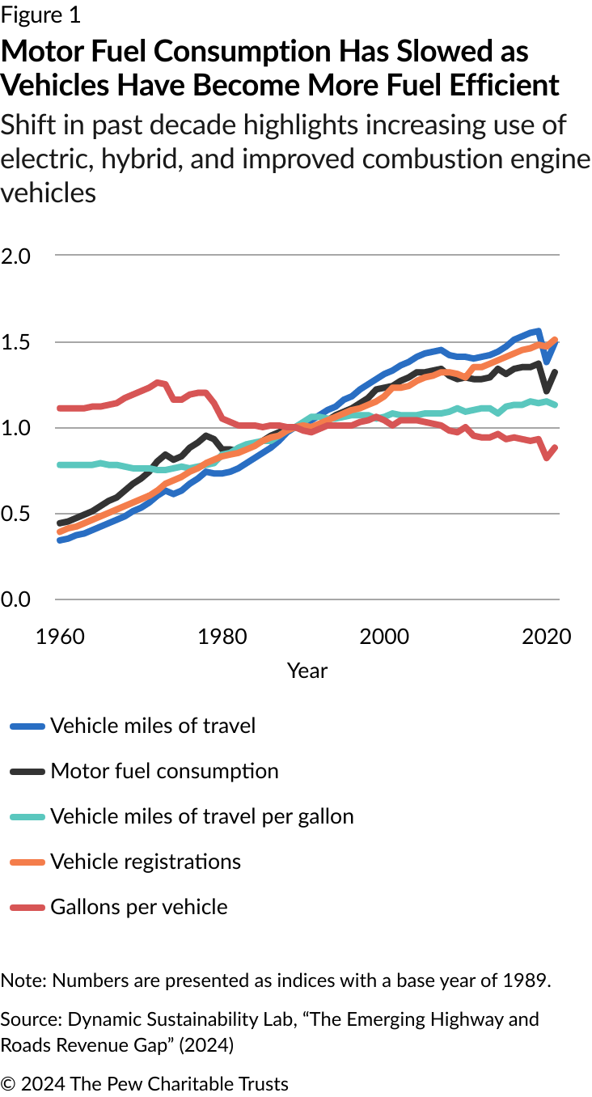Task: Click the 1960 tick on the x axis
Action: click(x=60, y=636)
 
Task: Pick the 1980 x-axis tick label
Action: click(x=222, y=636)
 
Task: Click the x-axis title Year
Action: click(x=307, y=671)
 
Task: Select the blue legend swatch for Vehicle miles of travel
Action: click(x=26, y=726)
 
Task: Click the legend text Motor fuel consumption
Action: click(x=164, y=771)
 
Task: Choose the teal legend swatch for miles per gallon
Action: click(x=26, y=817)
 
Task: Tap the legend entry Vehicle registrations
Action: click(x=146, y=862)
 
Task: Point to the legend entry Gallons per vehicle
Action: click(x=139, y=907)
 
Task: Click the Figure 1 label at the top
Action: click(x=40, y=15)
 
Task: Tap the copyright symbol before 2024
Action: click(x=8, y=1084)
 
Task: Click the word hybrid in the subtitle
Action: click(x=133, y=159)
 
